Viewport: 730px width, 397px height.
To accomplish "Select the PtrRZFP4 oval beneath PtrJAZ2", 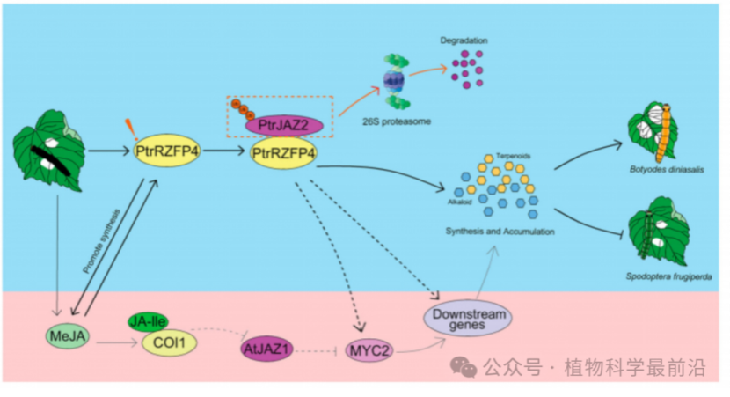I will click(284, 153).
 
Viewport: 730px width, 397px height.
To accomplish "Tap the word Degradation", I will click(464, 40).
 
